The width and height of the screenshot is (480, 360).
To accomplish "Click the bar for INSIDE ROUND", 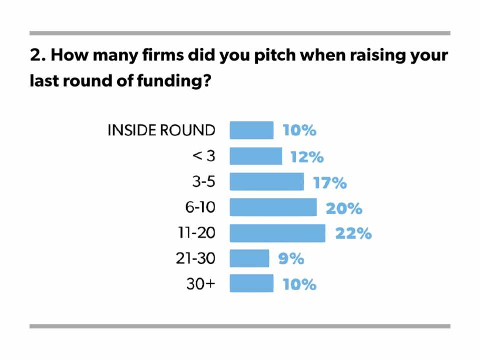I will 251,130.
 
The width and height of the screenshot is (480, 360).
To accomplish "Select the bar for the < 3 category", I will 256,156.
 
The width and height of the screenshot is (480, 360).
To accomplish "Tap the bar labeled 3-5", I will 266,182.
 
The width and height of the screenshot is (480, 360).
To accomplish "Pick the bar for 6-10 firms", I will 273,207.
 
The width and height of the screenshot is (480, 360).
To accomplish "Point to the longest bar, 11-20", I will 277,233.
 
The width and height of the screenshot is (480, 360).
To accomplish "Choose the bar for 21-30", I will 249,258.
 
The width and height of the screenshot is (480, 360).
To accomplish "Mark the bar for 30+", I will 251,283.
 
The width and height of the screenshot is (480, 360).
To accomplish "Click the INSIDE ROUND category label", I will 161,130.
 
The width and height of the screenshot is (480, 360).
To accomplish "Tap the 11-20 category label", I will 196,233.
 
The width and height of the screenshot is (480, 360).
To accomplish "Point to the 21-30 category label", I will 195,258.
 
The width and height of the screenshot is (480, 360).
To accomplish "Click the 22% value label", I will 353,233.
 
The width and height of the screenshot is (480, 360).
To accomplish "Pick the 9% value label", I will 291,258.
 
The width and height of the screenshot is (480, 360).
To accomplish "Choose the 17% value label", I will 330,182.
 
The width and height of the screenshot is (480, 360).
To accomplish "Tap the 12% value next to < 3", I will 307,157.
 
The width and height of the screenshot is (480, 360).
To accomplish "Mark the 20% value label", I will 344,208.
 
